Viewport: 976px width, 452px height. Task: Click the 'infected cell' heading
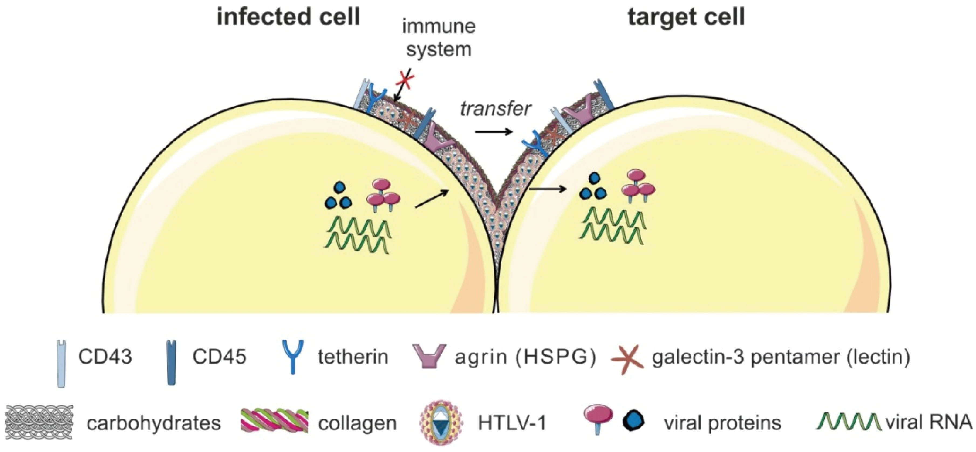click(288, 17)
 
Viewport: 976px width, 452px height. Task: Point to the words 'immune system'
click(439, 38)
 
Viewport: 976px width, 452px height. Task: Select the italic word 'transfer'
click(496, 109)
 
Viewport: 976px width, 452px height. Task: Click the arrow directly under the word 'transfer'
click(494, 132)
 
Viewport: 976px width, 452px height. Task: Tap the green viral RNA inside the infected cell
click(357, 235)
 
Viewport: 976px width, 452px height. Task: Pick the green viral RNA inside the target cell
click(612, 226)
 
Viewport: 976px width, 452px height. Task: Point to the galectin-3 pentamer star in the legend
click(627, 359)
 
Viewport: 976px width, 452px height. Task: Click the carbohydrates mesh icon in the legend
click(39, 422)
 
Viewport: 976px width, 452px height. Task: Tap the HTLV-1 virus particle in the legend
click(441, 422)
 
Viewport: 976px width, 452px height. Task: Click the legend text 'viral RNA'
click(929, 422)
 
